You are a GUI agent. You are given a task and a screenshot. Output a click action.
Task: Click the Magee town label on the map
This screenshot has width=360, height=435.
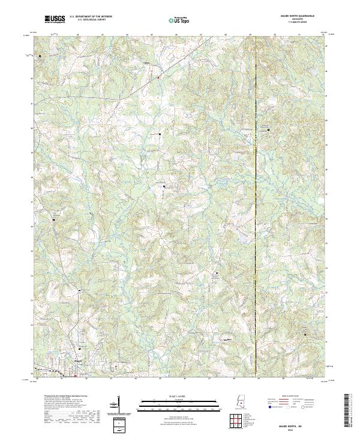(x=78, y=361)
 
